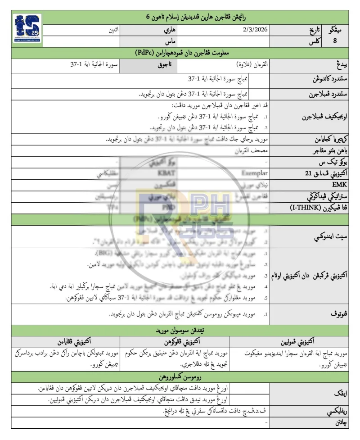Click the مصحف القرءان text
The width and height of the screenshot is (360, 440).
pos(252,150)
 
